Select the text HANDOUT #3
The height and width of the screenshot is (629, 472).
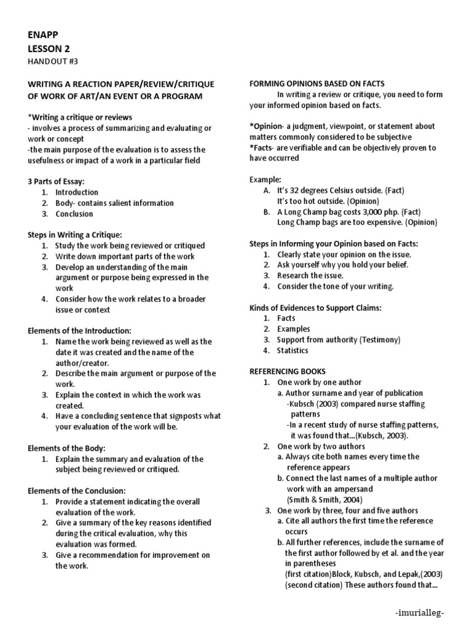53,61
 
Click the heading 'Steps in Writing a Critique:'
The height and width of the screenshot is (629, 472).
75,235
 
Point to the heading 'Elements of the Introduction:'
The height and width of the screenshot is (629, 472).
80,330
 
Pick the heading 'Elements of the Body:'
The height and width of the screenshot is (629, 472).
67,448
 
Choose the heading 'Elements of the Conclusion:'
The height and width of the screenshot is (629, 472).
77,491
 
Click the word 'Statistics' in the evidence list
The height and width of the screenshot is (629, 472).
293,351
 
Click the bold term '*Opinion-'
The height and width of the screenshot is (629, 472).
266,127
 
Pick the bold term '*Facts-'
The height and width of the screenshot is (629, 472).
262,148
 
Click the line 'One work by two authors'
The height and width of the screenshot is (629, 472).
321,447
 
